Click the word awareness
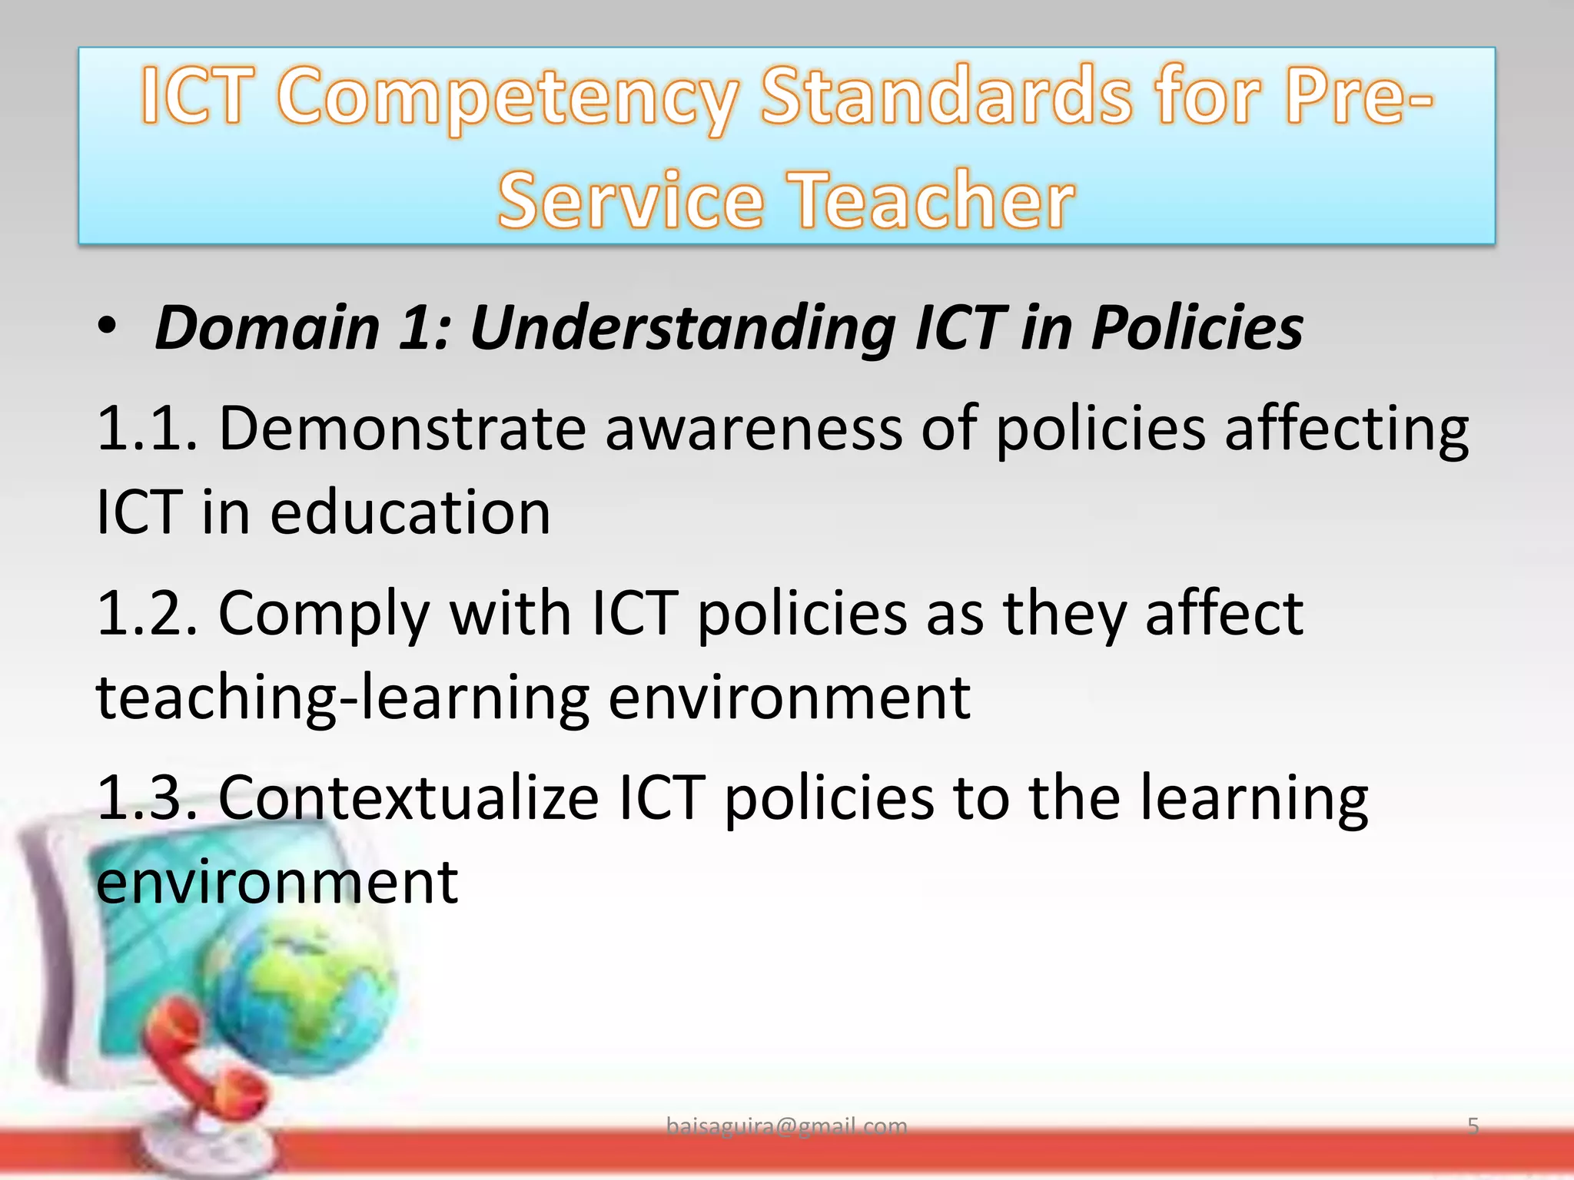[753, 428]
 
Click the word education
[410, 512]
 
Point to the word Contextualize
[408, 797]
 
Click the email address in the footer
[786, 1126]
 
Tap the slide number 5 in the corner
[1473, 1126]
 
